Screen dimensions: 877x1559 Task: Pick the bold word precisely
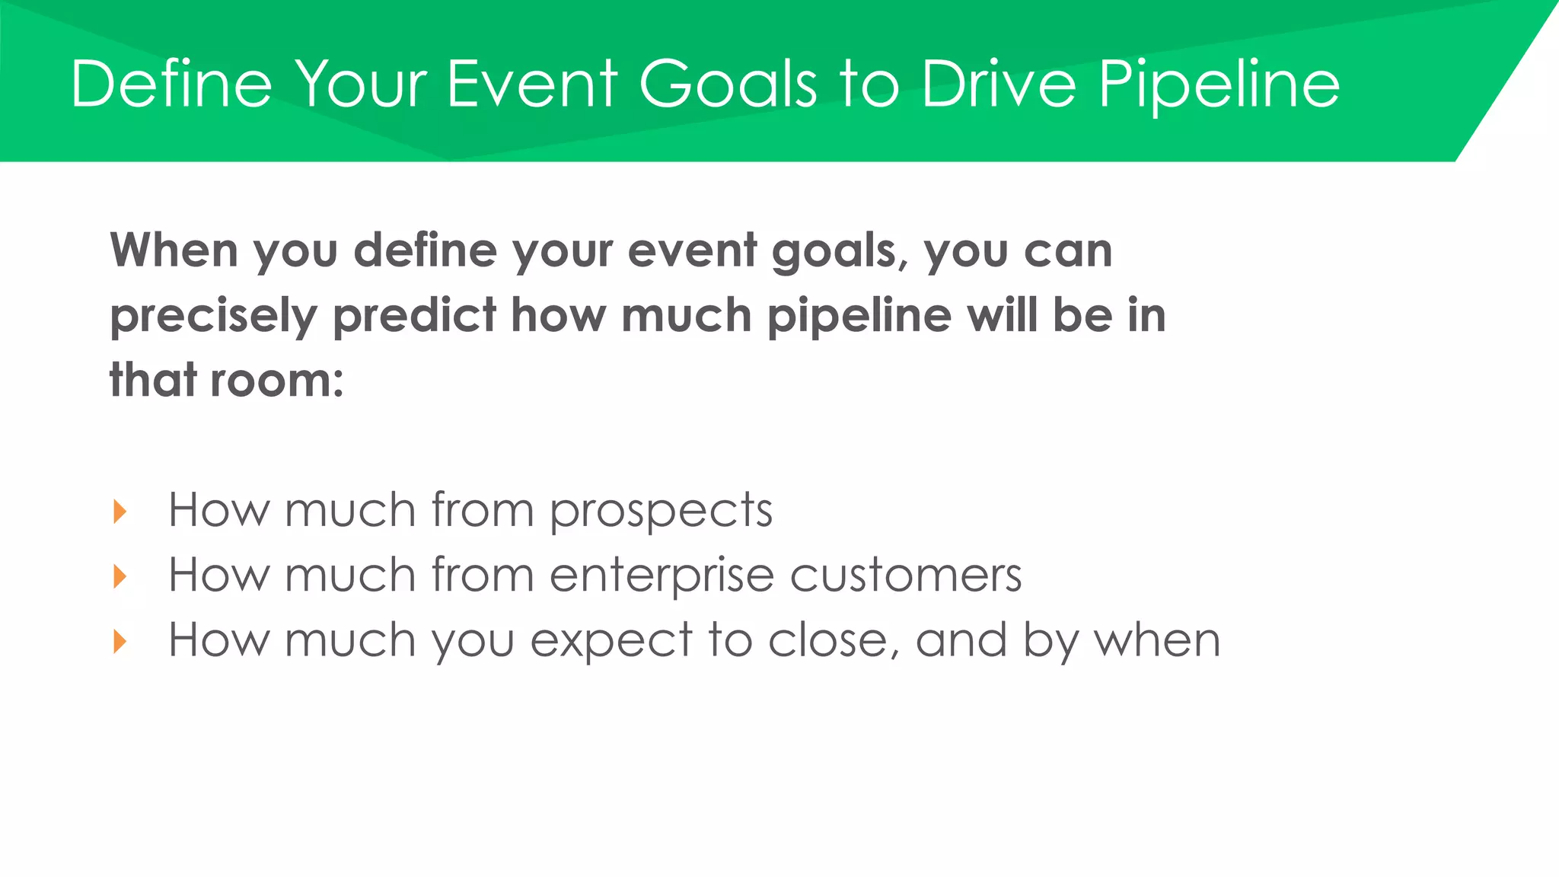pyautogui.click(x=213, y=317)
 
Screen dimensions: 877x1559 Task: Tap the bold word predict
pyautogui.click(x=415, y=315)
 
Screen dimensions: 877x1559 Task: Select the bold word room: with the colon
pyautogui.click(x=277, y=380)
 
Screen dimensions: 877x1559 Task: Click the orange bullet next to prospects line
pyautogui.click(x=120, y=511)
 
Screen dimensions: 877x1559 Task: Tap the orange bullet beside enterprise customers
pyautogui.click(x=120, y=576)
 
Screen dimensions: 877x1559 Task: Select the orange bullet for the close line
pyautogui.click(x=120, y=641)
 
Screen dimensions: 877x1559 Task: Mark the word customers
pyautogui.click(x=906, y=575)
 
